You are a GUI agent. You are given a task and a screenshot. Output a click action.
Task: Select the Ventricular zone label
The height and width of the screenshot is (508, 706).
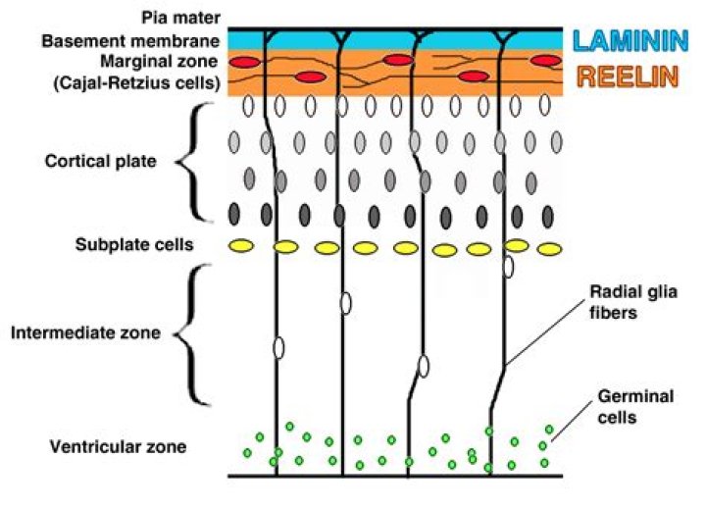118,447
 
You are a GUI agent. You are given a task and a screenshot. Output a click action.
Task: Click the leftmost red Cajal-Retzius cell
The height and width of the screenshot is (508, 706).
246,62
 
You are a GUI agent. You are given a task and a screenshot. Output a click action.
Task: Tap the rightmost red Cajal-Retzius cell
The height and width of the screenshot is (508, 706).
544,61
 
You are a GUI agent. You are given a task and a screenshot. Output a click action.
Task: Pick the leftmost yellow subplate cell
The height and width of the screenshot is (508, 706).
241,245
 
